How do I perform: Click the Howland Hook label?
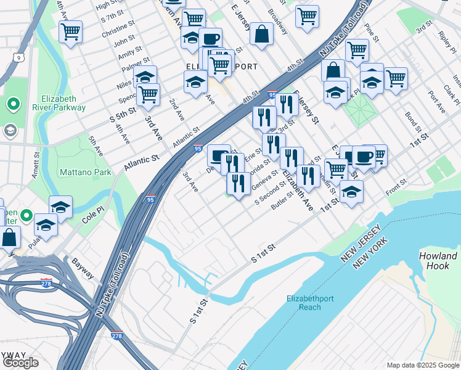click(438, 261)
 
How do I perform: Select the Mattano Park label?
click(85, 172)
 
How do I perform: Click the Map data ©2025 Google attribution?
click(422, 365)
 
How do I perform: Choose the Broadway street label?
click(278, 25)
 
